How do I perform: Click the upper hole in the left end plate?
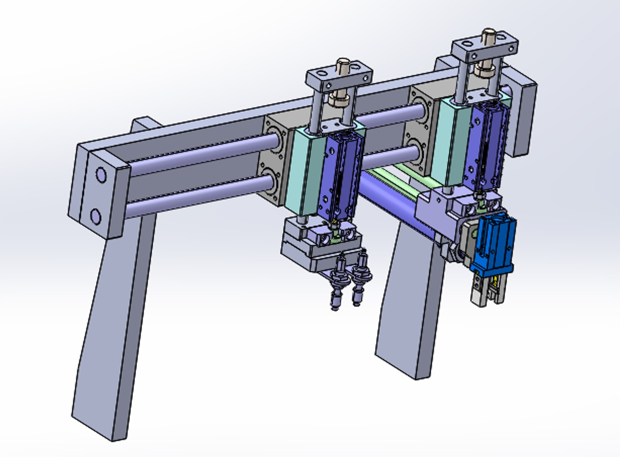pyautogui.click(x=101, y=174)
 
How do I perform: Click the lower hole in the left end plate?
pyautogui.click(x=96, y=217)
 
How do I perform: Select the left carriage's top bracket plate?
pyautogui.click(x=339, y=78)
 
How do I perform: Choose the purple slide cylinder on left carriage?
pyautogui.click(x=341, y=178)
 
